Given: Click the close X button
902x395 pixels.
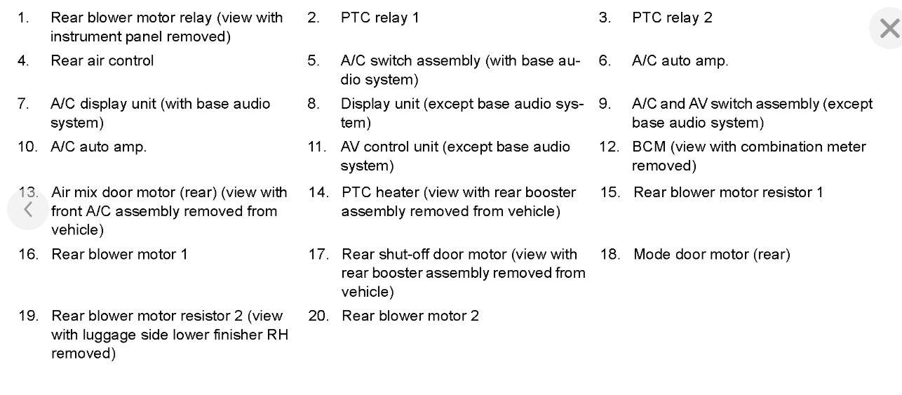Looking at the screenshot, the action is click(888, 29).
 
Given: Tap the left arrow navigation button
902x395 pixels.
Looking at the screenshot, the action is click(28, 209).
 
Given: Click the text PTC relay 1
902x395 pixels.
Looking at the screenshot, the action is click(379, 18).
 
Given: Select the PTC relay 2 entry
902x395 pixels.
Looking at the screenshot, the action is click(671, 18).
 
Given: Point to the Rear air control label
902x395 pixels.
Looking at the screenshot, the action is click(102, 60).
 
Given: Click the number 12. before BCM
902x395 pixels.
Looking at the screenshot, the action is click(609, 147).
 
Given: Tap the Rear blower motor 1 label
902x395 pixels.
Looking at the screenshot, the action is click(119, 254).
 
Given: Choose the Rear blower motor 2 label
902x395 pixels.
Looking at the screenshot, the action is click(410, 316).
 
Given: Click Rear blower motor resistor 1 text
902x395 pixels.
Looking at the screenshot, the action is click(728, 192).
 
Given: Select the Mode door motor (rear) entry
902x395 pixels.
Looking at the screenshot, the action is click(711, 254).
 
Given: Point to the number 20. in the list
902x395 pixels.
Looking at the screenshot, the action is click(318, 316).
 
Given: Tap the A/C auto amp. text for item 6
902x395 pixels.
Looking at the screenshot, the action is click(680, 61).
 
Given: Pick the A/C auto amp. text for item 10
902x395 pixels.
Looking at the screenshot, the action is click(98, 147).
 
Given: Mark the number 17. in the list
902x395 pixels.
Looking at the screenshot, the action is click(318, 254).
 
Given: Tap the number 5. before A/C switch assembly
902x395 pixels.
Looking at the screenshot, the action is click(313, 61).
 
